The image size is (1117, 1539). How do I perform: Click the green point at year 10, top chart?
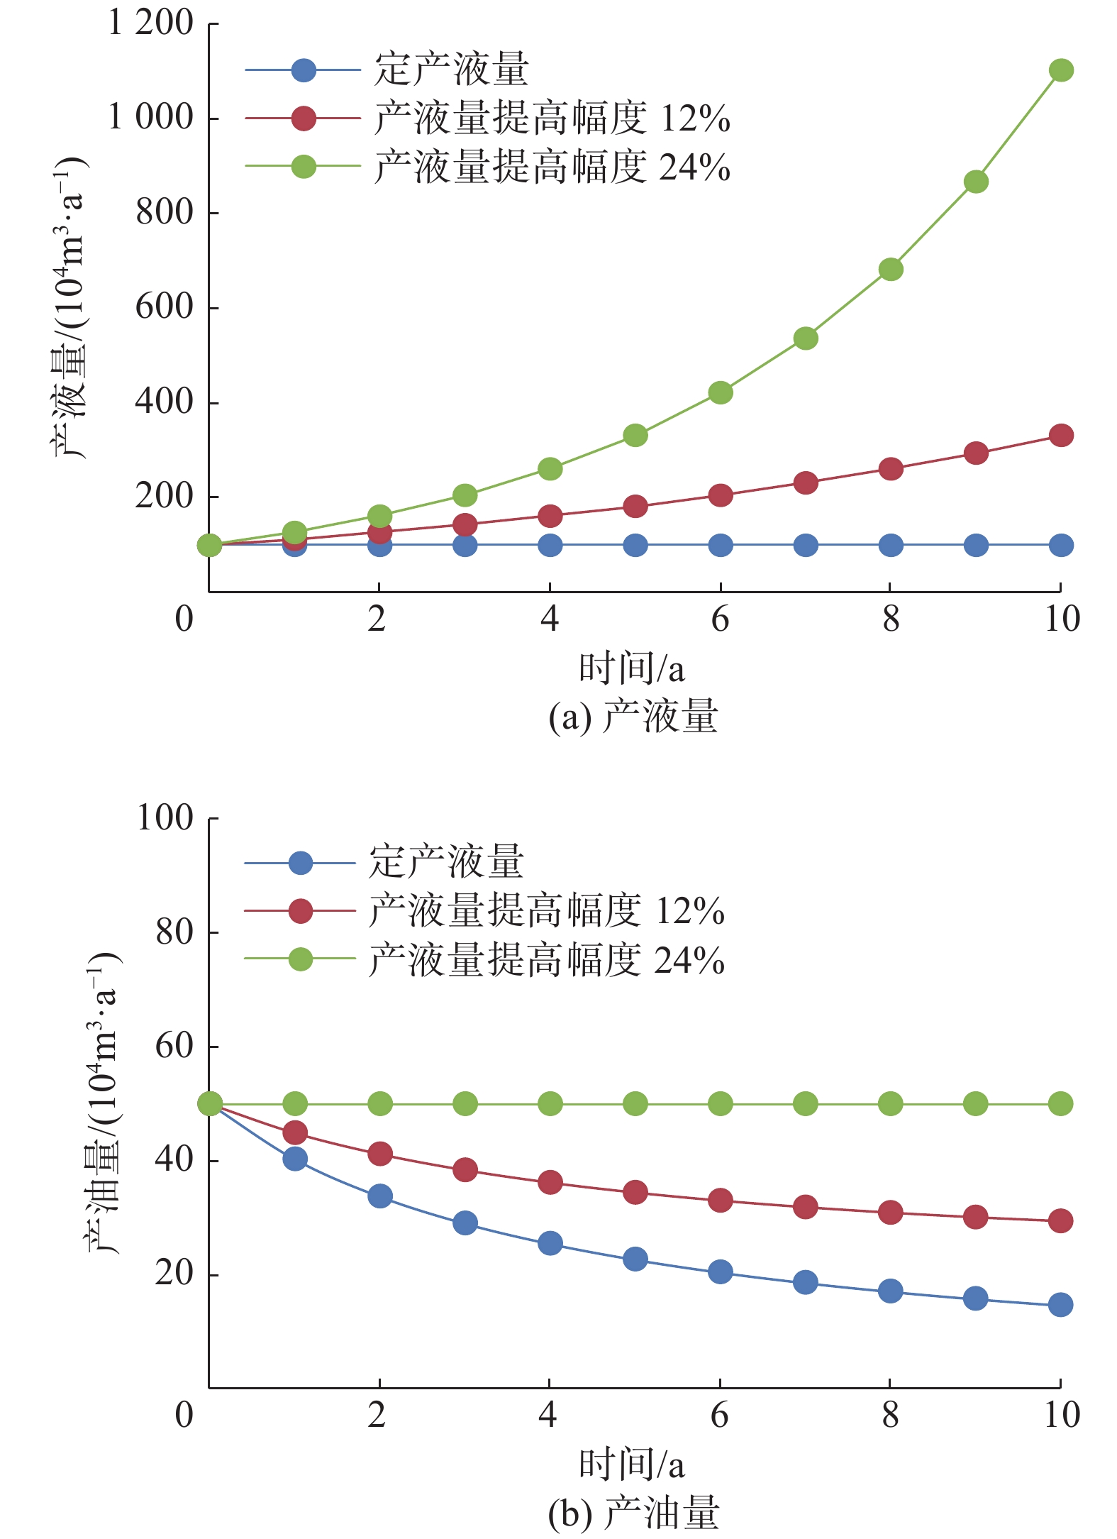point(1060,70)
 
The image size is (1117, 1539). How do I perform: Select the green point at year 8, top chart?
point(890,270)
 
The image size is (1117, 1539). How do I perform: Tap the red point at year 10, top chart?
point(1060,435)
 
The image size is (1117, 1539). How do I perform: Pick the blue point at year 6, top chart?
point(720,545)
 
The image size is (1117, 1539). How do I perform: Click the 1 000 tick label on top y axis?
point(150,118)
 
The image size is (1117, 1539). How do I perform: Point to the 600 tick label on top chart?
point(165,307)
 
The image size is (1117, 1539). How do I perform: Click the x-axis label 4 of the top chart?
point(550,619)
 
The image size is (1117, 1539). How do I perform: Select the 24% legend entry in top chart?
point(552,167)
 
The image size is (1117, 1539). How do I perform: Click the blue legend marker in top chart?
point(304,70)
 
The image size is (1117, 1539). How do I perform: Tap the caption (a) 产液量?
point(633,716)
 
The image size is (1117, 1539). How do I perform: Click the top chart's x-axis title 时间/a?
point(631,668)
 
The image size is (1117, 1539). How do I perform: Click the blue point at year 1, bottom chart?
point(294,1159)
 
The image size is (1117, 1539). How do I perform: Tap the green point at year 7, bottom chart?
point(805,1104)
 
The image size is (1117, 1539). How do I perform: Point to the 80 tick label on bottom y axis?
point(174,932)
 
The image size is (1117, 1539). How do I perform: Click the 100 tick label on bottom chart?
point(165,818)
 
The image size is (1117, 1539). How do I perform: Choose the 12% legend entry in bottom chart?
point(546,912)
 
